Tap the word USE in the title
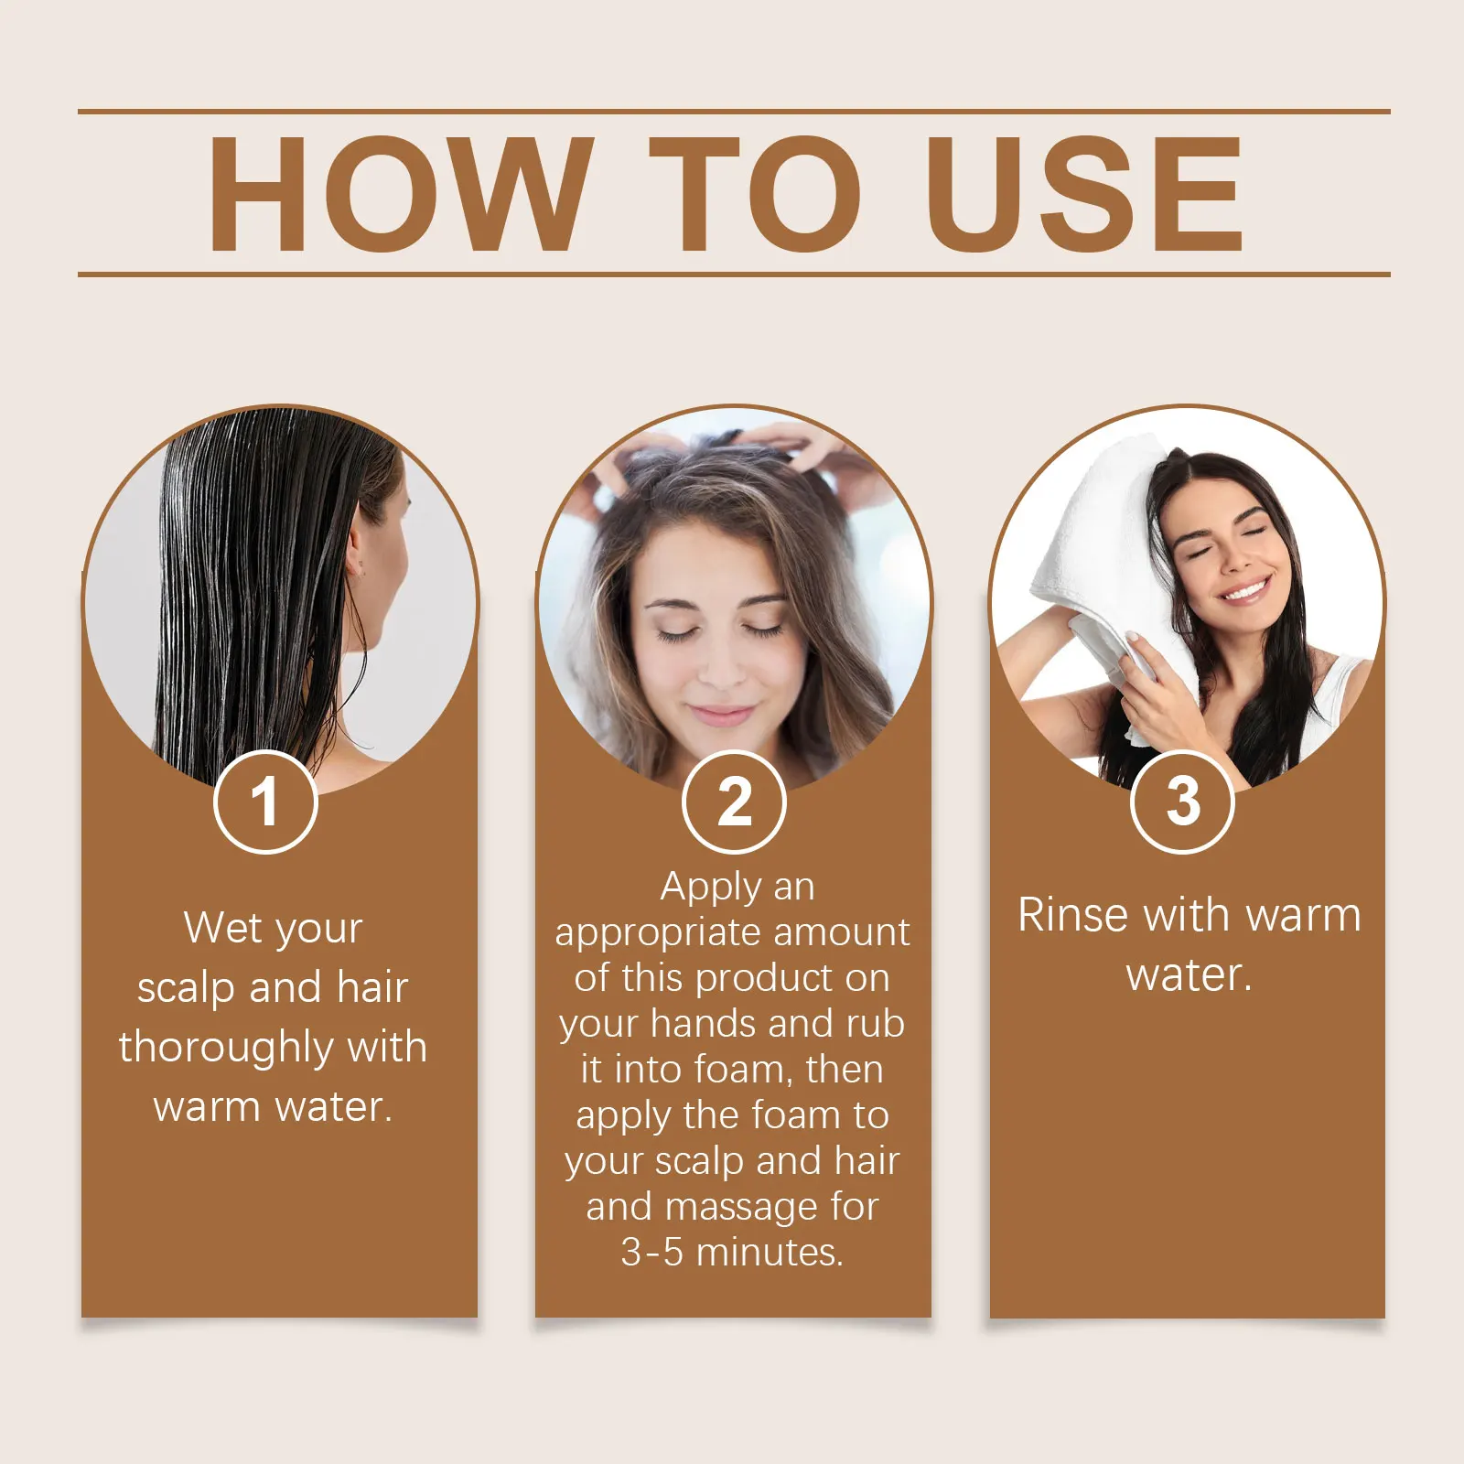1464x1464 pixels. point(1083,194)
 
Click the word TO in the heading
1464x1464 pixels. point(755,194)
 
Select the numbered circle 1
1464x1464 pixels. point(265,802)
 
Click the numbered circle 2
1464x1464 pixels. point(734,802)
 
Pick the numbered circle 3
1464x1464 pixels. point(1182,802)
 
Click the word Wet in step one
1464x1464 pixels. point(223,928)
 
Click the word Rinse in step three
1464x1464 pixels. point(1073,915)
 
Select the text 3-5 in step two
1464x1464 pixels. point(651,1252)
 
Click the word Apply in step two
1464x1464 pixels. point(711,887)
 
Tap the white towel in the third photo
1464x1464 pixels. point(1089,549)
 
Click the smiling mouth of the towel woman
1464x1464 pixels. point(1246,591)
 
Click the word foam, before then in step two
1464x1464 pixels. point(742,1070)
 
